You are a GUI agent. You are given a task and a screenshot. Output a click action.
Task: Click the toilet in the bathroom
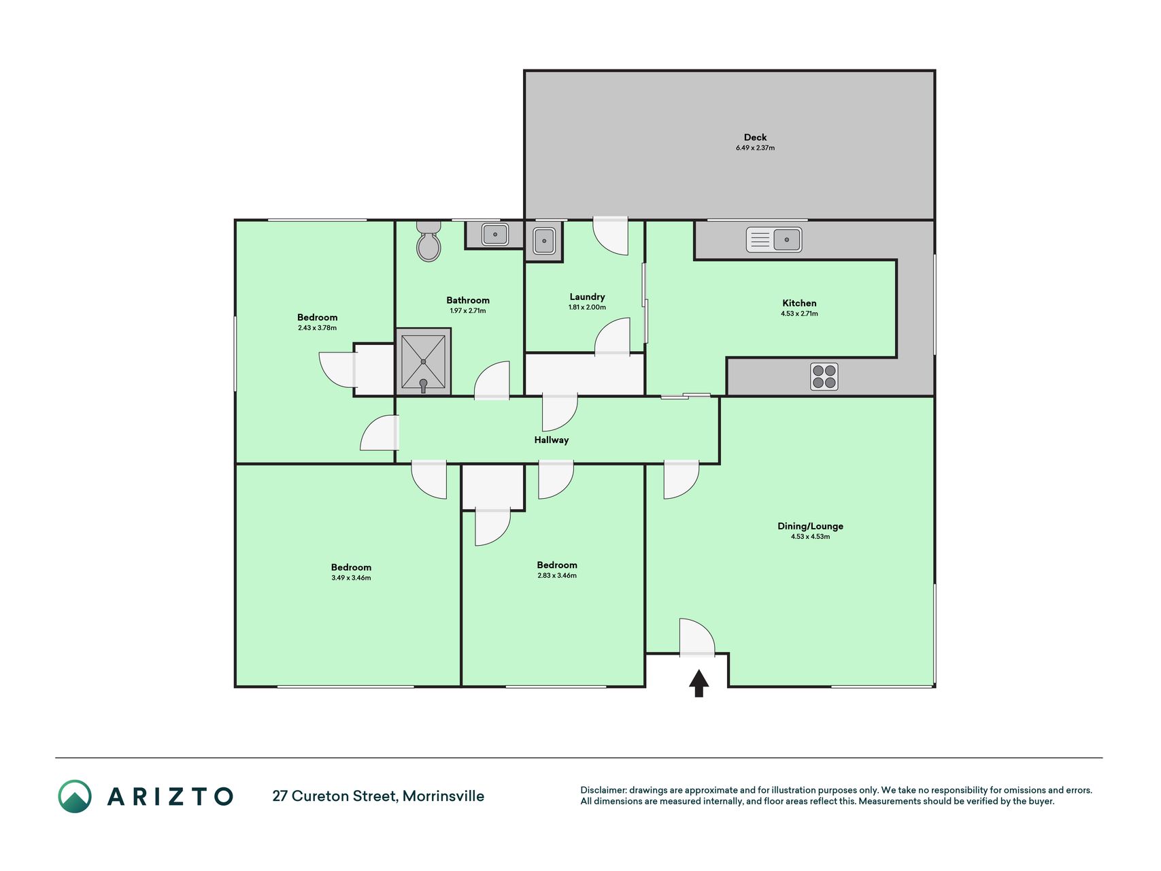pos(428,241)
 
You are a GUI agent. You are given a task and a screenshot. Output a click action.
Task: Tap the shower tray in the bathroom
pos(423,362)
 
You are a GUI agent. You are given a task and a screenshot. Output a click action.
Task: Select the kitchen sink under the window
pos(774,240)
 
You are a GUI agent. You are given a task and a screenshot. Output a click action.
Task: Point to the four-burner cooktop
pos(824,377)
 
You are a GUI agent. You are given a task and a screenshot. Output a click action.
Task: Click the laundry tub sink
pos(543,240)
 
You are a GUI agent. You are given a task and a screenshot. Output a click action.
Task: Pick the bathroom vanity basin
pos(495,235)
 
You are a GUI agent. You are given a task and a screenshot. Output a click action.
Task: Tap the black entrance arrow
pos(699,683)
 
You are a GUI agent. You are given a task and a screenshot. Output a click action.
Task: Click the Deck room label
pos(755,137)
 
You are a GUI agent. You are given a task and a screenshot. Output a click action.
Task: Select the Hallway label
pos(551,440)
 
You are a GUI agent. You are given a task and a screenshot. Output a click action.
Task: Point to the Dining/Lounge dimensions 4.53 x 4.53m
pos(810,537)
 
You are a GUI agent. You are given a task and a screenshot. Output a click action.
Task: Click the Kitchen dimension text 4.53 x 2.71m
pos(799,314)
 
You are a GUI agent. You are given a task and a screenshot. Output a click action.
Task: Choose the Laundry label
pos(587,297)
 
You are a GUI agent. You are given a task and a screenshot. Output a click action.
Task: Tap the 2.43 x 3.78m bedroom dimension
pos(317,328)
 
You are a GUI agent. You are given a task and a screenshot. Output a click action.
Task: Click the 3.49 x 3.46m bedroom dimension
pos(351,578)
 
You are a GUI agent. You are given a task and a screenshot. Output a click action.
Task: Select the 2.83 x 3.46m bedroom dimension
pos(556,576)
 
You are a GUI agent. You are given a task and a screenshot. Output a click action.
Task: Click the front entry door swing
pos(697,637)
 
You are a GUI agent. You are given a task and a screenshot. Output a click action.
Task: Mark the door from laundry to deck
pos(610,235)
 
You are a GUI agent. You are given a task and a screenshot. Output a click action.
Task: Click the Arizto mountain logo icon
pos(75,796)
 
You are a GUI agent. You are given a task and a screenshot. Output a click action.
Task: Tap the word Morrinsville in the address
pos(443,796)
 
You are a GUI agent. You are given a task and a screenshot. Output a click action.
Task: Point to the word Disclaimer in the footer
pos(603,790)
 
